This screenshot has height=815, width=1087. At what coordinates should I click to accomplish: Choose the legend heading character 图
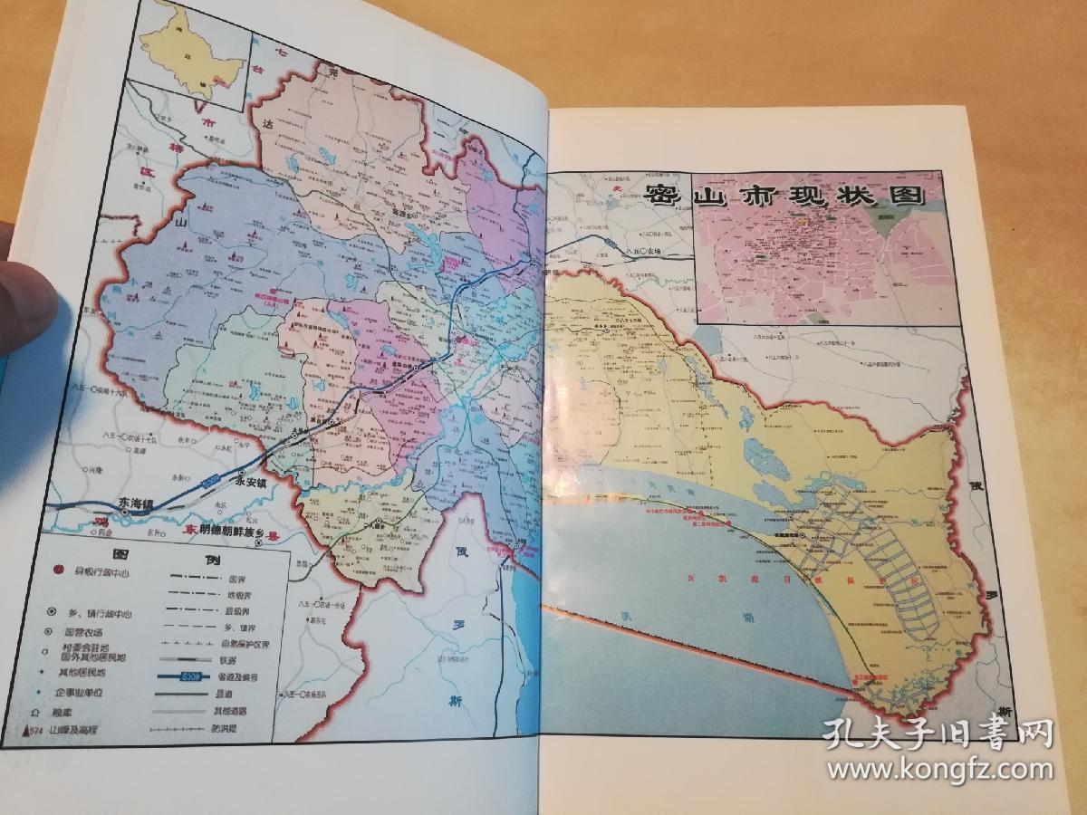(116, 554)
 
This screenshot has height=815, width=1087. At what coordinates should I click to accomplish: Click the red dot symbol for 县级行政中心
(59, 570)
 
